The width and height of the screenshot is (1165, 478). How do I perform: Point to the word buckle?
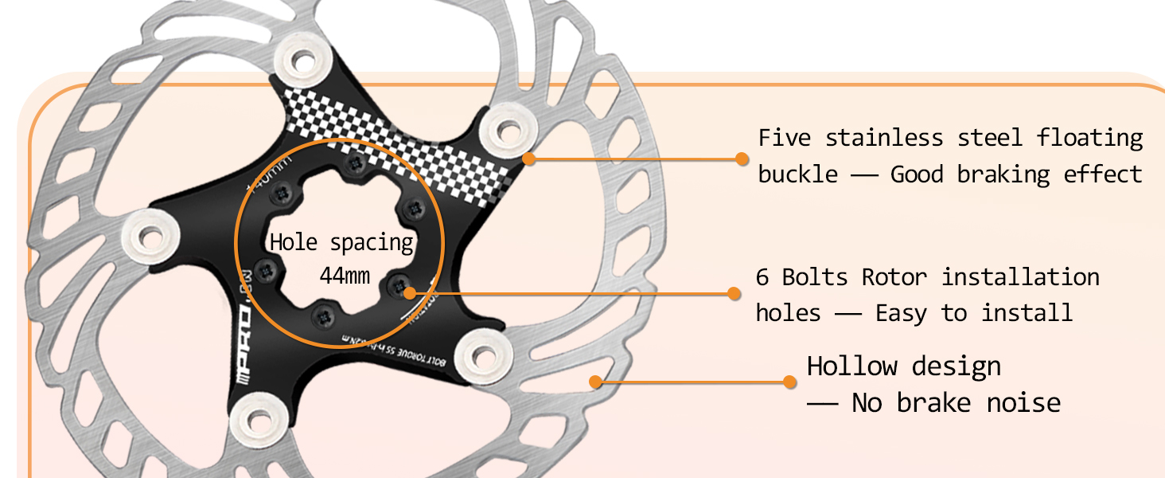coord(797,174)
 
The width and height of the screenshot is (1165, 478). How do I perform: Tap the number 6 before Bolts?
coord(762,277)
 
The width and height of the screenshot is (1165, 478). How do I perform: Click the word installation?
coord(1020,277)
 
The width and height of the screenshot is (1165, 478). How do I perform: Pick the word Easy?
coord(901,313)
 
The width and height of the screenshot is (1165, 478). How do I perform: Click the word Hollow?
coord(851,366)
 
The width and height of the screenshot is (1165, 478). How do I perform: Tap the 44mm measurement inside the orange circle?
coord(345,276)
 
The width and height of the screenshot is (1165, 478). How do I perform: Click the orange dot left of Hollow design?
coord(789,382)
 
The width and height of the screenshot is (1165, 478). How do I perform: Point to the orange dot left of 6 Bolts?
coord(734,293)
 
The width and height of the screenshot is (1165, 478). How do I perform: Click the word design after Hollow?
coord(957,366)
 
